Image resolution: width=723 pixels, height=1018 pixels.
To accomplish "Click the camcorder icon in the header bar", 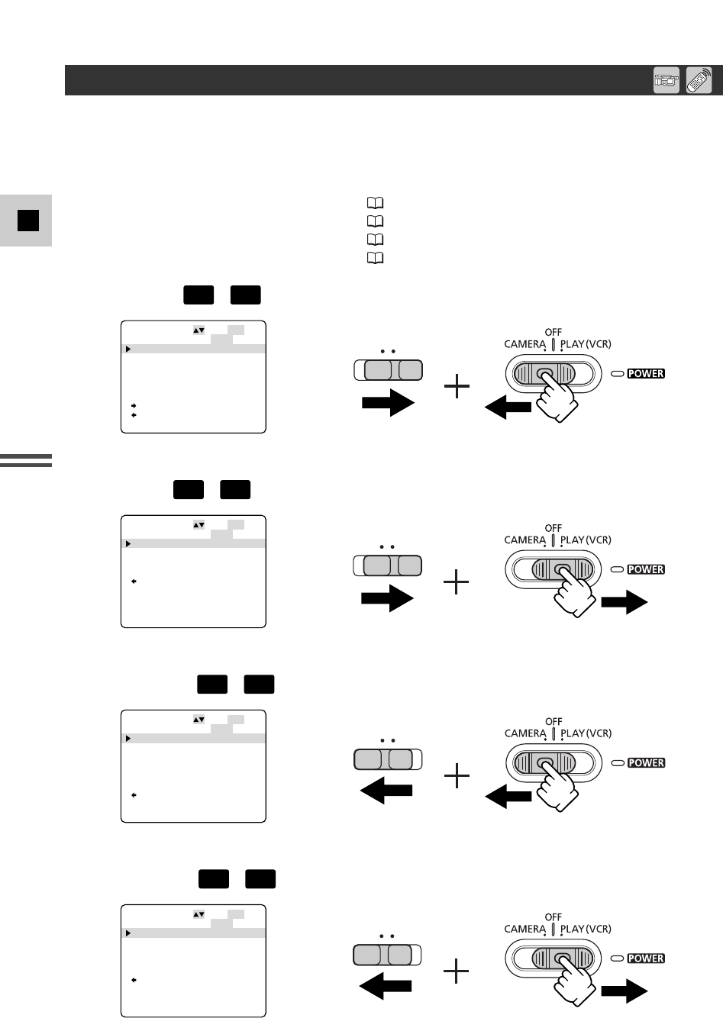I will coord(667,81).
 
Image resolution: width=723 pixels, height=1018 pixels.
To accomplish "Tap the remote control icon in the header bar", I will coord(699,81).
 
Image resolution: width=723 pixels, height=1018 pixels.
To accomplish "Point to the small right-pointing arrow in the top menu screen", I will coord(134,405).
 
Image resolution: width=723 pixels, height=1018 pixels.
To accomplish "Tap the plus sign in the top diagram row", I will coord(457,389).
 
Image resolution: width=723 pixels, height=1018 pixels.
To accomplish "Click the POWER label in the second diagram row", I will coord(646,569).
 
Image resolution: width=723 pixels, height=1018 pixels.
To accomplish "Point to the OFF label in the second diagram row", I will coord(554,527).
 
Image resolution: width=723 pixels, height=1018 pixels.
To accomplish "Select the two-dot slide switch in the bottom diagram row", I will coord(388,954).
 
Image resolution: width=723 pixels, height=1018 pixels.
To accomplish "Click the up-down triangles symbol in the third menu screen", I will coord(199,720).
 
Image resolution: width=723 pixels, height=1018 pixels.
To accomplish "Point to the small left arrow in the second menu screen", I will coord(134,581).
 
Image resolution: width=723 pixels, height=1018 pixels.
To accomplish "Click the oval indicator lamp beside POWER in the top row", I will coord(617,374).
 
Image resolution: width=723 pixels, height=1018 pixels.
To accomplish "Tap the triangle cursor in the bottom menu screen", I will coord(128,933).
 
